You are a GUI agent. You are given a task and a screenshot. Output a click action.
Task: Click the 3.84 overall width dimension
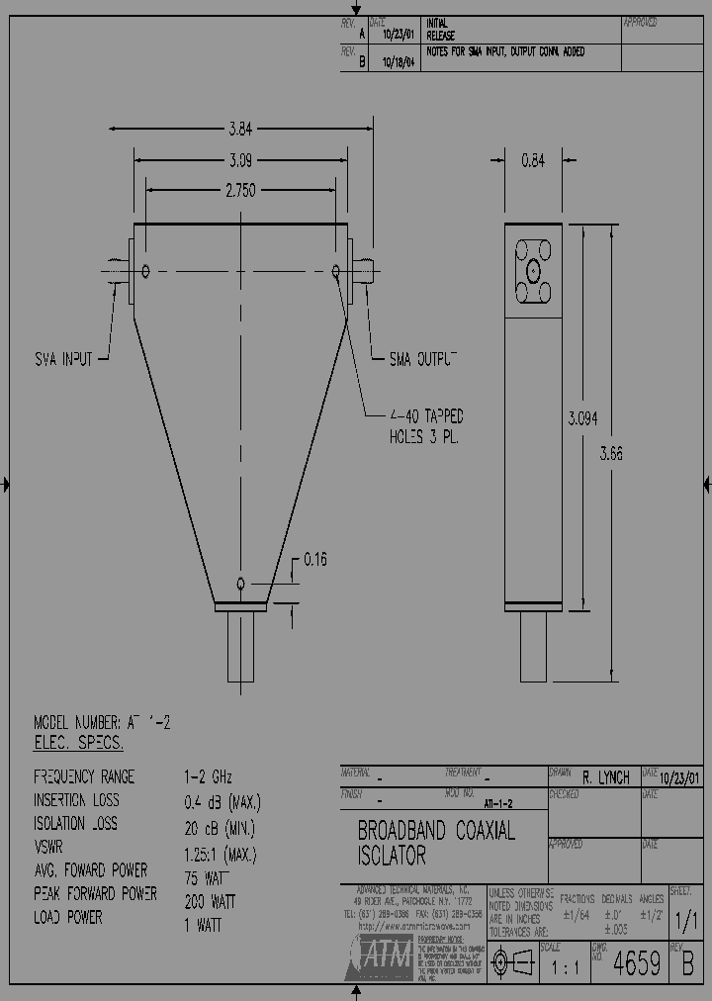pyautogui.click(x=241, y=128)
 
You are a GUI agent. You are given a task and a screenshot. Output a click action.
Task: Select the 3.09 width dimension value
pyautogui.click(x=241, y=159)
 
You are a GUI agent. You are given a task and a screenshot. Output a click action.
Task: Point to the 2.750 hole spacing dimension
pyautogui.click(x=241, y=190)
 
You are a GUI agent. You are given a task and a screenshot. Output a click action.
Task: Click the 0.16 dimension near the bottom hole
pyautogui.click(x=314, y=560)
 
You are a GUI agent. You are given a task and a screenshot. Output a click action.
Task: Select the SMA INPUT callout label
pyautogui.click(x=63, y=360)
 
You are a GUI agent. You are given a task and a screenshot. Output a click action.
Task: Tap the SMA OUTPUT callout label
pyautogui.click(x=422, y=359)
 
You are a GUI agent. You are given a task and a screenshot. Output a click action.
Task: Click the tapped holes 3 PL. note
pyautogui.click(x=426, y=426)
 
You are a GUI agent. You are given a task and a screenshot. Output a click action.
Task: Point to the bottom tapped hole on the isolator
pyautogui.click(x=240, y=584)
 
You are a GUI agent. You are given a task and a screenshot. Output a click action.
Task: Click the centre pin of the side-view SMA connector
pyautogui.click(x=533, y=270)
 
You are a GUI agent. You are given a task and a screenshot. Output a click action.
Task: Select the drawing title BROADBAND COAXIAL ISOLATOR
pyautogui.click(x=436, y=842)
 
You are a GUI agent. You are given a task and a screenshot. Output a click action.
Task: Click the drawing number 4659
pyautogui.click(x=638, y=963)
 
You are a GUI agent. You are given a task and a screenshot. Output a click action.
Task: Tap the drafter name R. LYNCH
pyautogui.click(x=606, y=778)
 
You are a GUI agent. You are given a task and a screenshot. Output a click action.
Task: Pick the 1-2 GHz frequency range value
pyautogui.click(x=208, y=777)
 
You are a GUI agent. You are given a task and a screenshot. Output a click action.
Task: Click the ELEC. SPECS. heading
pyautogui.click(x=79, y=743)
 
